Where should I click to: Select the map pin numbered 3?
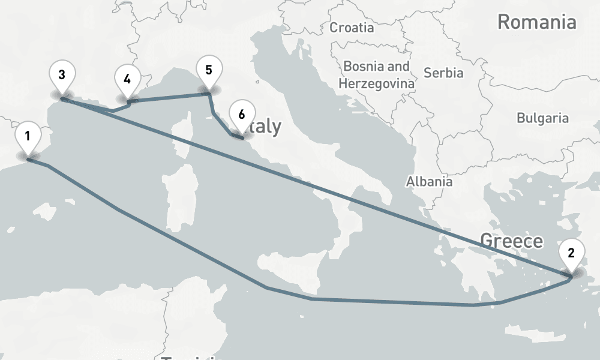coord(62,75)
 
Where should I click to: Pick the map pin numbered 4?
coord(127,80)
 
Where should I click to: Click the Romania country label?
coord(536,23)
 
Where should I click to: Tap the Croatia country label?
coord(352,28)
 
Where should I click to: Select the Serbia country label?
coord(443,73)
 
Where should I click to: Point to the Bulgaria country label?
coord(542,118)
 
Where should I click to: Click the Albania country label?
coord(429,181)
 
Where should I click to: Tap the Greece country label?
coord(511,241)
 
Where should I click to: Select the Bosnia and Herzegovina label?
coord(376,74)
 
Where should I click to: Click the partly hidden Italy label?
coord(267,127)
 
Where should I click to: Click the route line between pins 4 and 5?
coord(168,97)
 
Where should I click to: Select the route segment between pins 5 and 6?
coord(223,124)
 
